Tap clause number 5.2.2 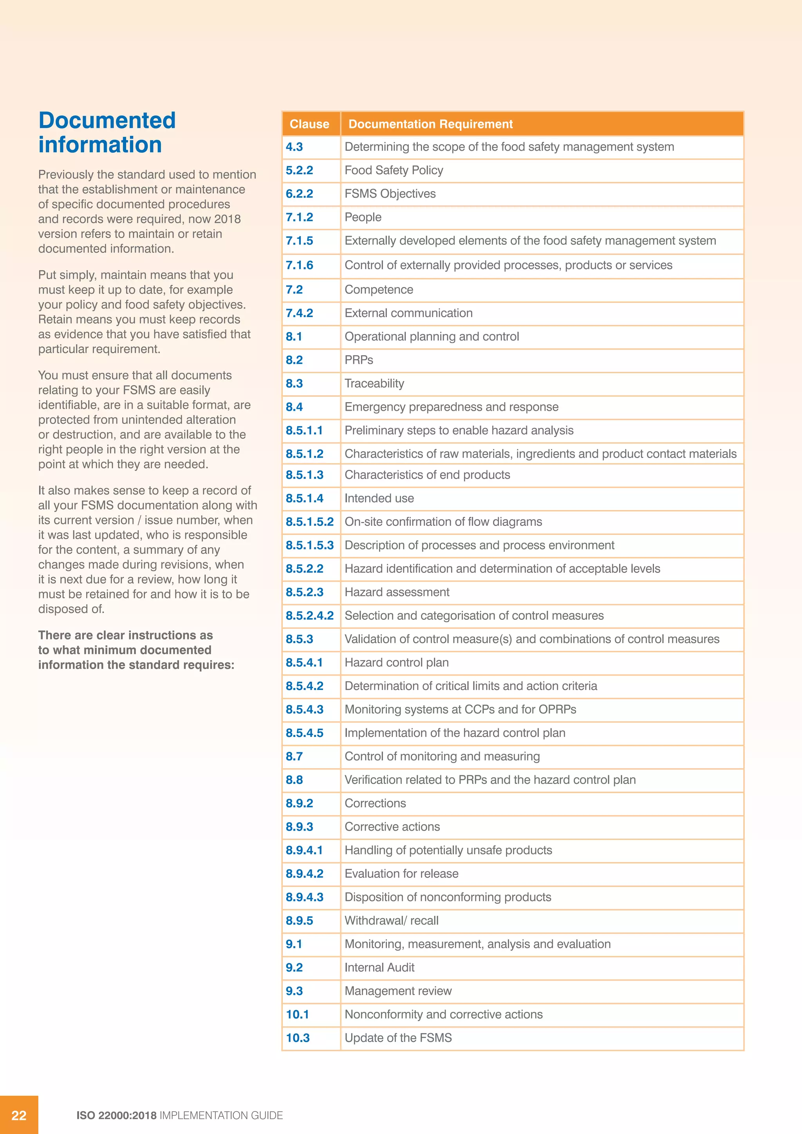tap(299, 170)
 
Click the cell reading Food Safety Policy tap(394, 170)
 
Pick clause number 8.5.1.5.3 tap(310, 545)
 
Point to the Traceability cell tap(374, 384)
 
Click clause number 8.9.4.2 tap(304, 874)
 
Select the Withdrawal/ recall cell tap(391, 921)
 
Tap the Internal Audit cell tap(379, 968)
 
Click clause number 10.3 tap(297, 1038)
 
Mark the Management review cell tap(397, 991)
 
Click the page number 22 tap(19, 1115)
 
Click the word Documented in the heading tap(107, 121)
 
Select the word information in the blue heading tap(100, 145)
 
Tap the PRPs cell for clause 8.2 tap(359, 360)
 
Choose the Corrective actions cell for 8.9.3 tap(392, 827)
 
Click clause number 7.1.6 tap(299, 265)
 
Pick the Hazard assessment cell tap(397, 592)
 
